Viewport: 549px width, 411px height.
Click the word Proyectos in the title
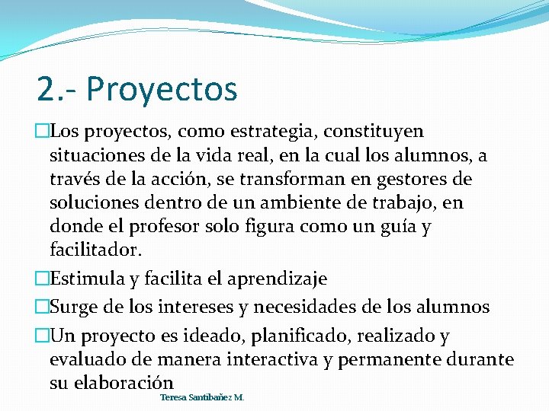click(162, 89)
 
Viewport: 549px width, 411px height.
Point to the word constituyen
click(374, 132)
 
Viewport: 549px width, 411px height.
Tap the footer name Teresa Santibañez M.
click(202, 397)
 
